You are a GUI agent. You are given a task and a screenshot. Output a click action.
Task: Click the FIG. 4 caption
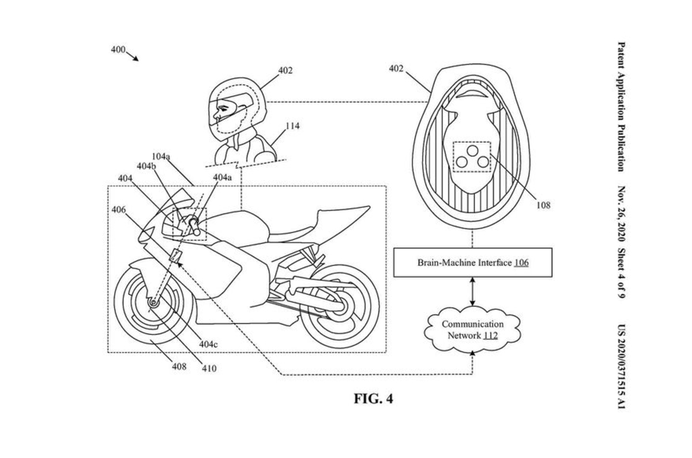373,399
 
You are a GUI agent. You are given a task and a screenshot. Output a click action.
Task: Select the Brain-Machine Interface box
473,263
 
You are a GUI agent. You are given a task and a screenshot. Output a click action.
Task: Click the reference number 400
118,50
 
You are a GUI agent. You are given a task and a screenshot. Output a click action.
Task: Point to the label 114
292,126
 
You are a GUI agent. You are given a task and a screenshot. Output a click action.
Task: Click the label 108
543,205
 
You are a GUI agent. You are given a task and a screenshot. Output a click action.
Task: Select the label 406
118,210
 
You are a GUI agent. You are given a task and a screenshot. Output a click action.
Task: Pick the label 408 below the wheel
179,366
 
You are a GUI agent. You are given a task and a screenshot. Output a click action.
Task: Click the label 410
209,368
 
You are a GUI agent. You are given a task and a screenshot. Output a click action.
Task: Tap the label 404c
208,343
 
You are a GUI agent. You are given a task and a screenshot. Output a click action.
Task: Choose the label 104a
161,156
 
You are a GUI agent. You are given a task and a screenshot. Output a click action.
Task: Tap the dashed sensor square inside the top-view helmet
472,157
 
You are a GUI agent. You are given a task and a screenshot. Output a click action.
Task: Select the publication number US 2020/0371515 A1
621,366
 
